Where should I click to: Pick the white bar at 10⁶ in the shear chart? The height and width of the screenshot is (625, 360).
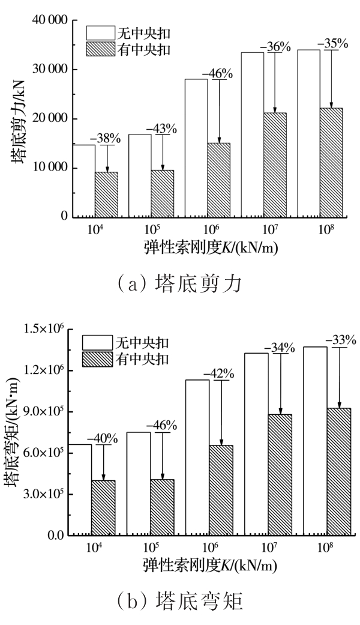pos(196,147)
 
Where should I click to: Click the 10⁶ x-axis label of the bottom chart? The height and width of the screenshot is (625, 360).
pos(209,548)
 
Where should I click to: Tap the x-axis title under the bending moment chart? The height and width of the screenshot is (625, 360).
pos(209,565)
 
